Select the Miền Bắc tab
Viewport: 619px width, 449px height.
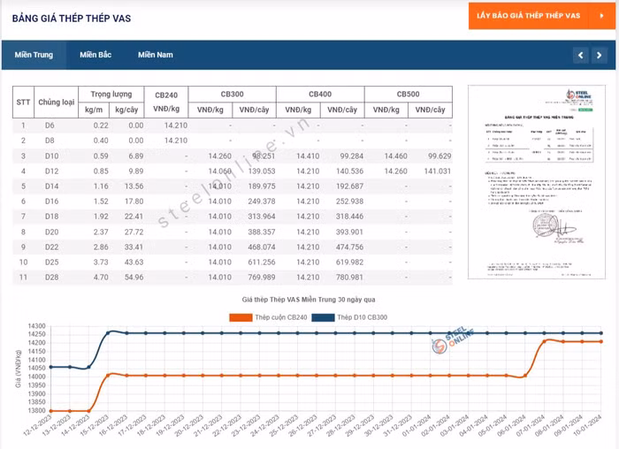(96, 55)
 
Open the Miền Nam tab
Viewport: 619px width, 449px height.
(156, 55)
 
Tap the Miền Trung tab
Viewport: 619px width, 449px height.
(34, 55)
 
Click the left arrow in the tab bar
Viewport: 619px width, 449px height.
(580, 55)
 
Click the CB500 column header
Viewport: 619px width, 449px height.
(408, 94)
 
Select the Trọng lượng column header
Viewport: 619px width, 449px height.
(111, 94)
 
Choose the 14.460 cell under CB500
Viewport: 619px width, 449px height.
(394, 156)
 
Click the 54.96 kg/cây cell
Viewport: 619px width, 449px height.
(134, 277)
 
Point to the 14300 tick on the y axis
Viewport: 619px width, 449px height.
(34, 326)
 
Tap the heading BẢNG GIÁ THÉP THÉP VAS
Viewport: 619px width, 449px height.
(72, 18)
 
